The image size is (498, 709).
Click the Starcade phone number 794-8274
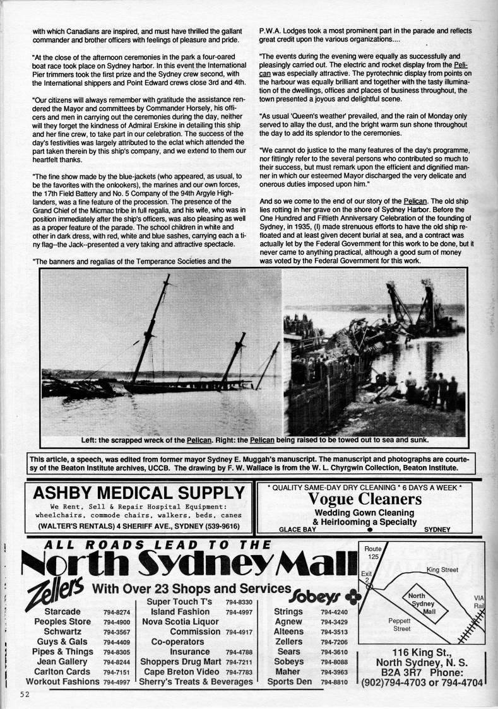click(117, 612)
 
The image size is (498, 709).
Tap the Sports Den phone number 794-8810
click(334, 682)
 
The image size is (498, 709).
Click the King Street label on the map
click(442, 570)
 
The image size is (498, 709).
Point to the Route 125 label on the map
click(374, 553)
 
